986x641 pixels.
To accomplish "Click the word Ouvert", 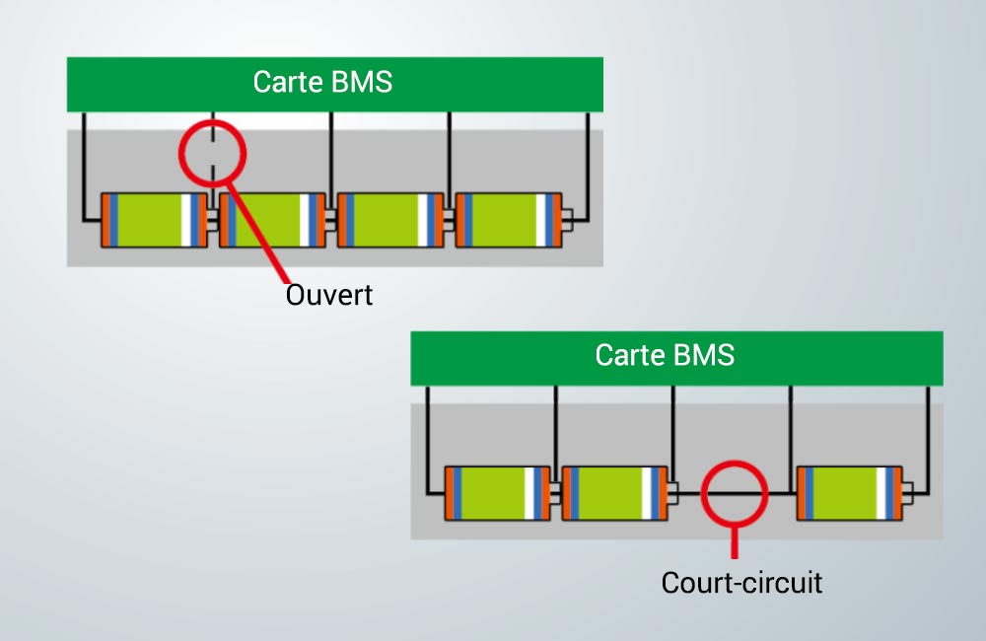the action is point(329,295).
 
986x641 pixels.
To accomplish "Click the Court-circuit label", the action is point(741,583).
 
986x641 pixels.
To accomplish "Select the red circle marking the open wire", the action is point(179,154).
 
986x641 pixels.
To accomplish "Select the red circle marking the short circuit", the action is point(702,494).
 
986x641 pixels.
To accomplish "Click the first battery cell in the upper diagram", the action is point(154,220).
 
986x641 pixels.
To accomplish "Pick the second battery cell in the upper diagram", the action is point(272,220).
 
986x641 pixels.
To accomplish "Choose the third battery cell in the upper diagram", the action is point(390,220).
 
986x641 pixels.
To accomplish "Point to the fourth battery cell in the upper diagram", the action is point(509,220).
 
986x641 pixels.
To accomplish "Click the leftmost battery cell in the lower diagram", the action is point(497,493).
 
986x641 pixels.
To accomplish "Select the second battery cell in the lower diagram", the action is point(614,493).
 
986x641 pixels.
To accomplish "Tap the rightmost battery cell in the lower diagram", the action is point(850,493).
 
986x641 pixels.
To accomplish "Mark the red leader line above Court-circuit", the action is point(734,542).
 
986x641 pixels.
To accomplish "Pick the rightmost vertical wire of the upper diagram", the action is point(588,167).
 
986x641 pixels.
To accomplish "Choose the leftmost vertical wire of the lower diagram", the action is point(428,440).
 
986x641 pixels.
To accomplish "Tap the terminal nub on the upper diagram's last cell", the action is point(567,220).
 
